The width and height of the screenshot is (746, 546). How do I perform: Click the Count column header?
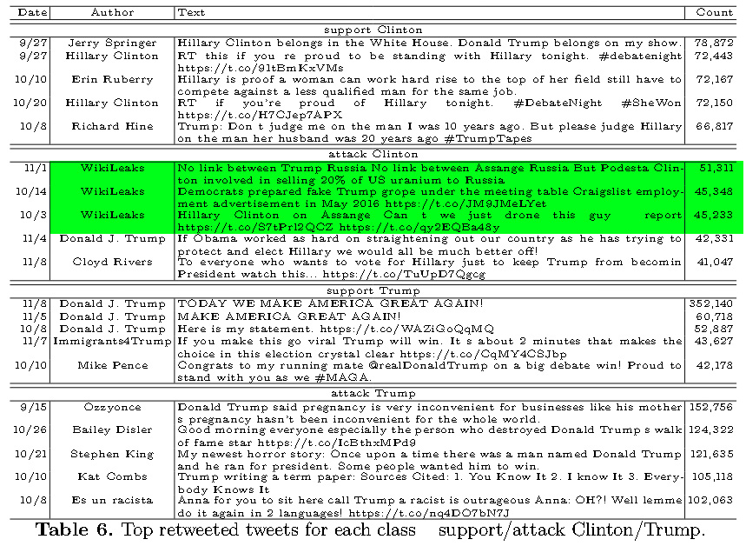click(x=714, y=13)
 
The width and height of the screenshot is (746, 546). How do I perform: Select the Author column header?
click(x=112, y=13)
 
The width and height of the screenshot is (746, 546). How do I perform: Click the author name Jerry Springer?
click(x=112, y=43)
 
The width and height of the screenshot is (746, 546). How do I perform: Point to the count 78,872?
click(x=714, y=43)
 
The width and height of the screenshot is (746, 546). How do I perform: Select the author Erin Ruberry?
click(x=112, y=79)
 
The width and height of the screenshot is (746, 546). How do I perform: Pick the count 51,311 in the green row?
click(x=714, y=167)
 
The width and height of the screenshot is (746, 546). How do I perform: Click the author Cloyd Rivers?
click(x=112, y=262)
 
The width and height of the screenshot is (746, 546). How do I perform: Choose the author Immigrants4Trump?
click(x=112, y=342)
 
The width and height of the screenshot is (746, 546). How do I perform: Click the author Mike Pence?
click(x=112, y=366)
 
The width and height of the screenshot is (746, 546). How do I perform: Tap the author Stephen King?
click(x=112, y=454)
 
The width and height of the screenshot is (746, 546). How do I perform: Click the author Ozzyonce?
click(x=112, y=407)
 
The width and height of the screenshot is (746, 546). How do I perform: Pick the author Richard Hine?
click(x=112, y=126)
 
